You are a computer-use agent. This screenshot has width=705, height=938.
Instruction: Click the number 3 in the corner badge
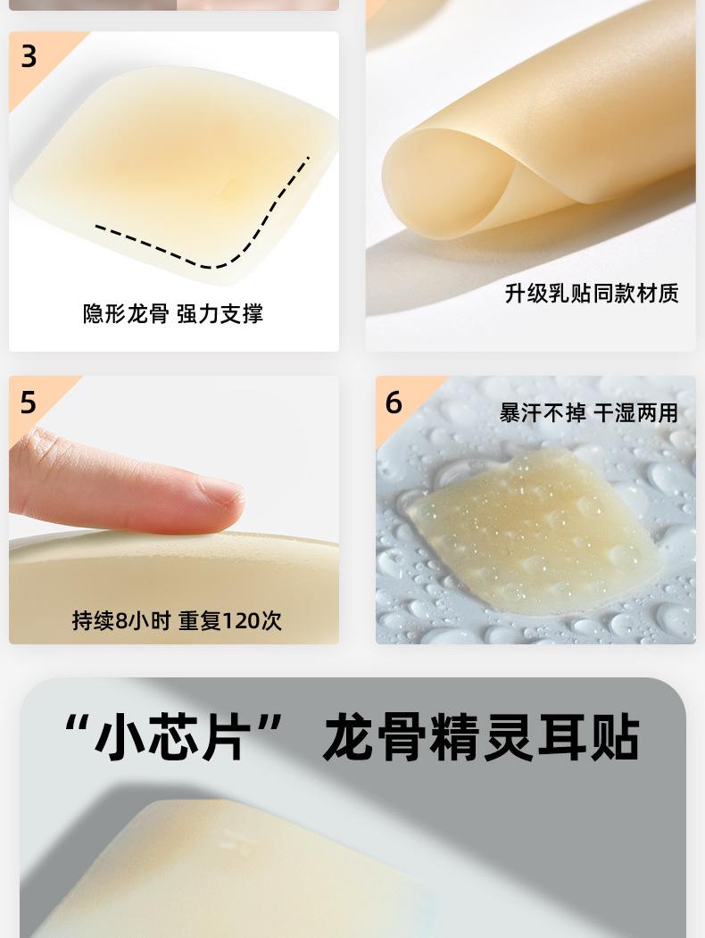[29, 57]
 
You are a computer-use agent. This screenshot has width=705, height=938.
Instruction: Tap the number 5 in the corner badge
[28, 402]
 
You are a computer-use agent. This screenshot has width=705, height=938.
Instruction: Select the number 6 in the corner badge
[394, 402]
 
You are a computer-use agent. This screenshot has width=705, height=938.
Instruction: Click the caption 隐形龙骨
[126, 313]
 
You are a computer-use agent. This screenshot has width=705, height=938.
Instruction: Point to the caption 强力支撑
[220, 313]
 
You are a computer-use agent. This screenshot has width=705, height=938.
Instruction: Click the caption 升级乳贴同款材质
[592, 293]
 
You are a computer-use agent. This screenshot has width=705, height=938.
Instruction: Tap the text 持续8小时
[121, 620]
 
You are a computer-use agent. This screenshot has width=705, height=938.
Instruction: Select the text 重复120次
[230, 620]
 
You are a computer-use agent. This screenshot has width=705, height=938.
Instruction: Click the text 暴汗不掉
[543, 412]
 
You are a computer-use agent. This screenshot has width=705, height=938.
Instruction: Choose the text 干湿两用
[635, 412]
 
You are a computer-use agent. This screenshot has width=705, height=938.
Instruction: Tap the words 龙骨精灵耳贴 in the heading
[481, 737]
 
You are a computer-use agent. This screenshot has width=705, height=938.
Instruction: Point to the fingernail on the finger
[222, 493]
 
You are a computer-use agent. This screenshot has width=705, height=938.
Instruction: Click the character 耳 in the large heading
[561, 737]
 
